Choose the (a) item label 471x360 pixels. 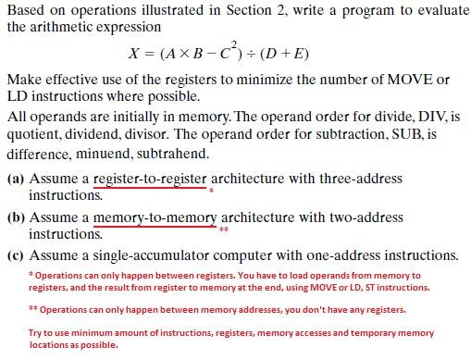point(16,179)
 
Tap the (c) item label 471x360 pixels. point(16,255)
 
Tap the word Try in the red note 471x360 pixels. point(35,332)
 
